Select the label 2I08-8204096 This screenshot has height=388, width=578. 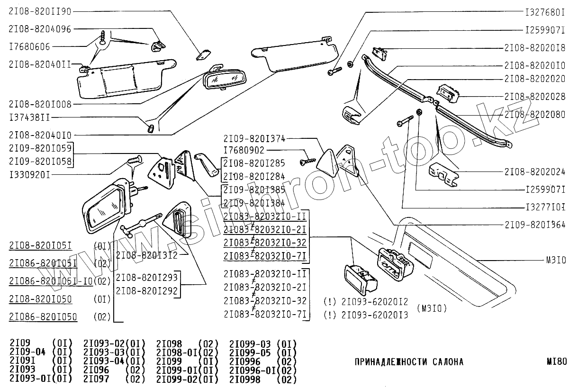click(40, 29)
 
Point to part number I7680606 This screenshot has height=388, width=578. click(29, 46)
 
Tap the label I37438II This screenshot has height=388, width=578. click(29, 117)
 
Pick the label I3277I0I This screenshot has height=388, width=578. click(545, 208)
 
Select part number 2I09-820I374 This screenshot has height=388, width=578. click(254, 138)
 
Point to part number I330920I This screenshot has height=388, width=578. click(29, 175)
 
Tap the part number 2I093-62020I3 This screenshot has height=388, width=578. click(374, 315)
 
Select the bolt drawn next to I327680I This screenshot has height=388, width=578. click(334, 72)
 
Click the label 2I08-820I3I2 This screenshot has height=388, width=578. click(140, 255)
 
